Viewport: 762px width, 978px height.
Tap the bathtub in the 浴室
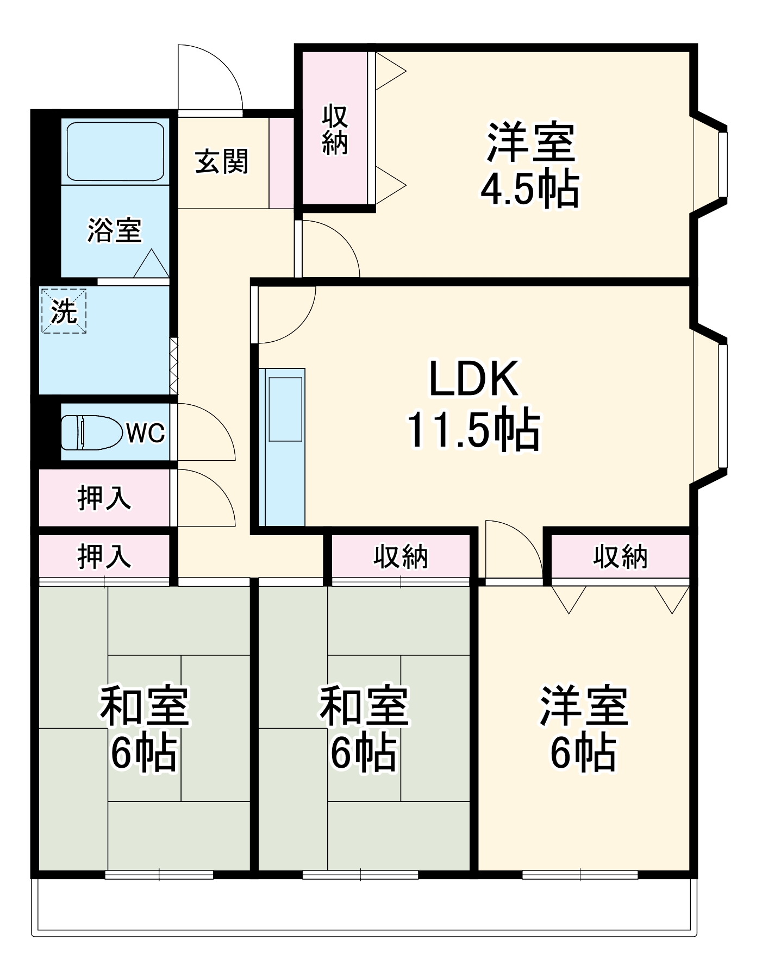click(x=115, y=151)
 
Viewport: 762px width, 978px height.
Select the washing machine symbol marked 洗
click(x=64, y=311)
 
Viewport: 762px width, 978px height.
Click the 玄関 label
click(x=222, y=161)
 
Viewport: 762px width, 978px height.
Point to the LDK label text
click(x=474, y=379)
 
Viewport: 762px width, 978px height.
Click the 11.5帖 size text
click(x=474, y=430)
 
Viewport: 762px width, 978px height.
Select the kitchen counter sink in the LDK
click(x=285, y=409)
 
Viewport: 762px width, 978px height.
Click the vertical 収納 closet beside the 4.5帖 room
click(x=335, y=129)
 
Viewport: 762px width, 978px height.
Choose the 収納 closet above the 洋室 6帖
click(x=620, y=556)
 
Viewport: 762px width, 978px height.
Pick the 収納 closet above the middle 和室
click(x=401, y=556)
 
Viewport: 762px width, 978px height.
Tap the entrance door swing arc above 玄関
click(x=212, y=76)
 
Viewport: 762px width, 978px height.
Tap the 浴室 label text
click(x=115, y=230)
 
